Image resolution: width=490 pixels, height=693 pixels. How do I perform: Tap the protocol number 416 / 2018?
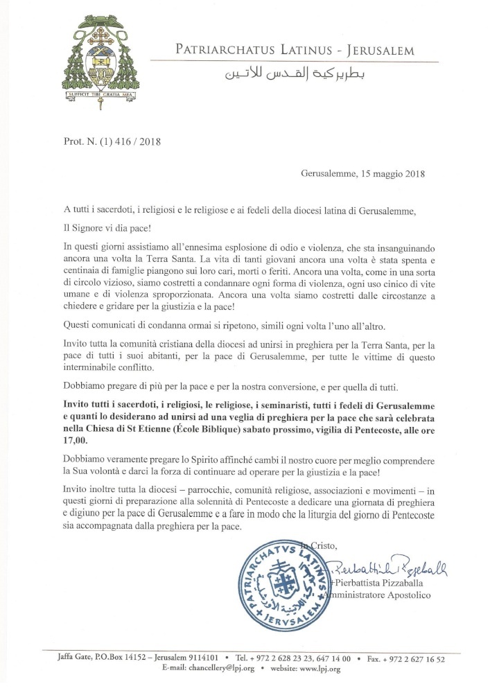point(131,143)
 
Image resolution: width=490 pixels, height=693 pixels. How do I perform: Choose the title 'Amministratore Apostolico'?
point(377,595)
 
